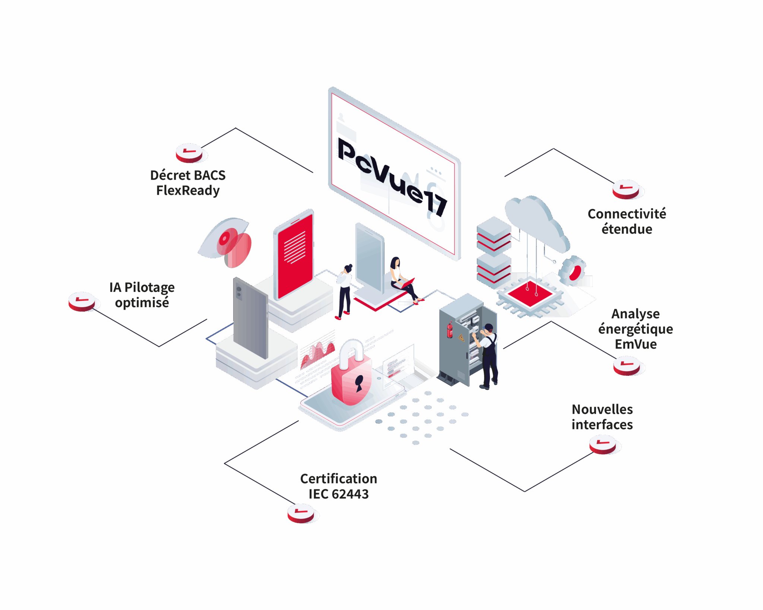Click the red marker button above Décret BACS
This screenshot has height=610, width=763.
189,153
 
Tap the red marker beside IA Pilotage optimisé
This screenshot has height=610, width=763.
82,301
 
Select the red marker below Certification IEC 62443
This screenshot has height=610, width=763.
301,513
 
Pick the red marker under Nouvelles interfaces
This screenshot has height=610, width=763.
603,444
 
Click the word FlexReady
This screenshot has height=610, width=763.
188,191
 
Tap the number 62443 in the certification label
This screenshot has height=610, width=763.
350,494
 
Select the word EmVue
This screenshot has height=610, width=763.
636,344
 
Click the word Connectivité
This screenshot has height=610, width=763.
627,213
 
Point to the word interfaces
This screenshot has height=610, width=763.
602,425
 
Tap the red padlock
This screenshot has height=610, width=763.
351,373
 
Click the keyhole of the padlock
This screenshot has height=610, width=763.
359,383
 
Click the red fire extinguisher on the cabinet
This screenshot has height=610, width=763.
450,330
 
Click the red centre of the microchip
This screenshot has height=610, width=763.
530,293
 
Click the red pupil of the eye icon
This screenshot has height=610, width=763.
225,238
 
